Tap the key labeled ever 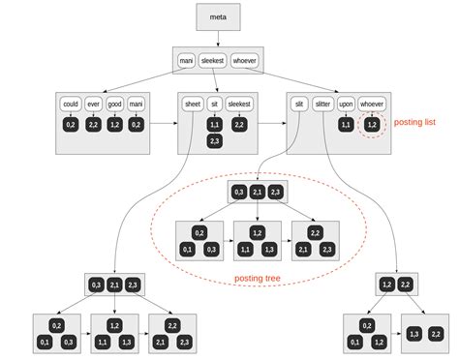coord(93,104)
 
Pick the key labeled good coord(115,104)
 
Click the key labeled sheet coord(193,104)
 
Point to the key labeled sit coord(214,104)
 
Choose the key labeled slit coord(299,104)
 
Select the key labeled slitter coord(322,104)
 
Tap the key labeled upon coord(346,104)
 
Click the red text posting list coord(415,124)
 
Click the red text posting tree coord(260,280)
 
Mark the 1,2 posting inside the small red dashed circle coord(372,124)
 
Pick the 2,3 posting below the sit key coord(214,141)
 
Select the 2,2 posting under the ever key coord(93,124)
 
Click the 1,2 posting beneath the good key coord(115,124)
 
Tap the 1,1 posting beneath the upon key coord(346,124)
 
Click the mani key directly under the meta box coord(187,61)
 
